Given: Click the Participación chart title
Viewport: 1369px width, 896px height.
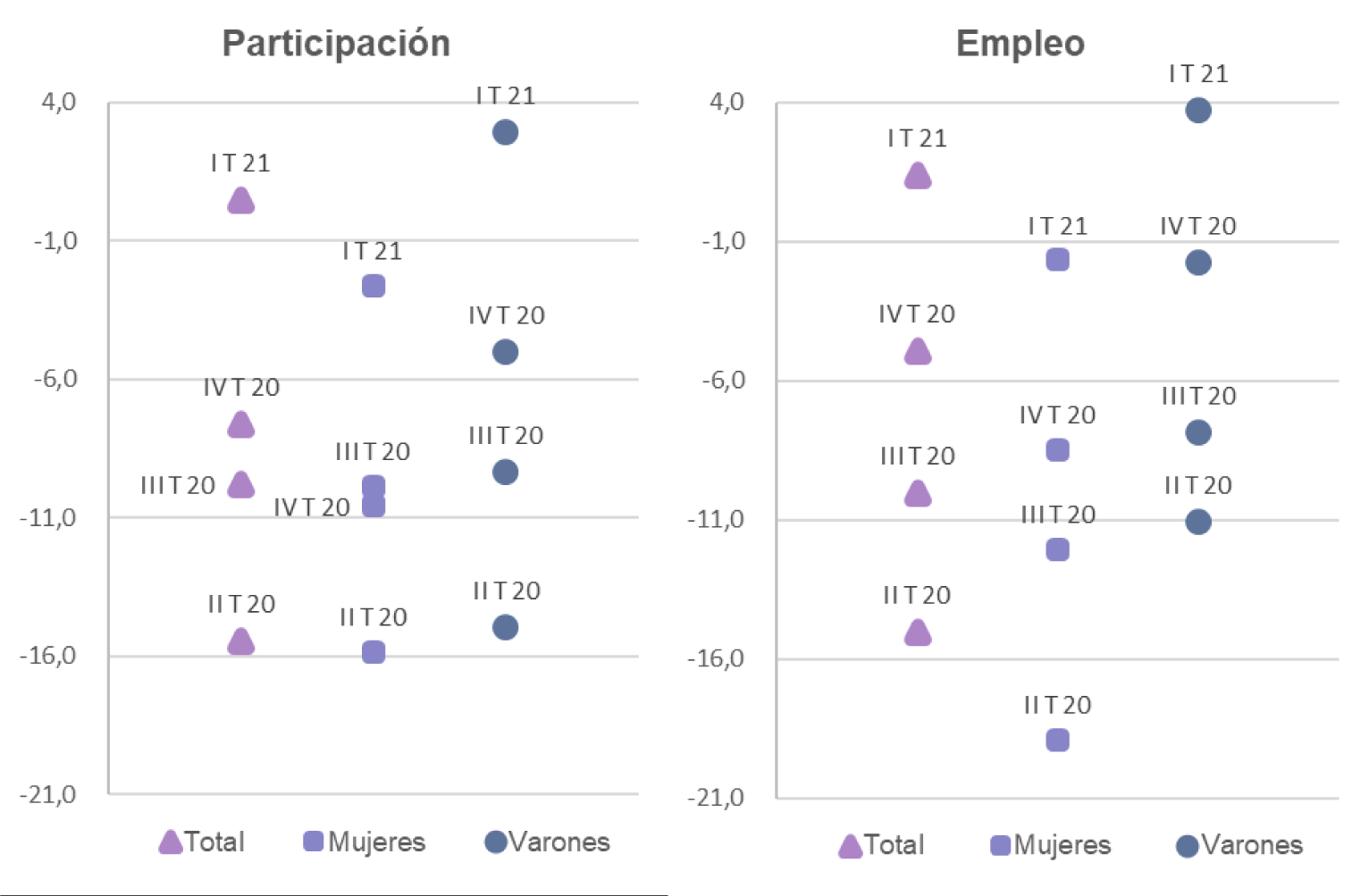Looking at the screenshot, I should pyautogui.click(x=336, y=43).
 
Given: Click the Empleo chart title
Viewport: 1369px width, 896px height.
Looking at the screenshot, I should pyautogui.click(x=1020, y=43).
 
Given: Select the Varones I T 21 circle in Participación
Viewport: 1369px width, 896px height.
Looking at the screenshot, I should pyautogui.click(x=505, y=132).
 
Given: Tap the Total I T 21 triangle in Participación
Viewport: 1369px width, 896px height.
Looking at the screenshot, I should pyautogui.click(x=240, y=201).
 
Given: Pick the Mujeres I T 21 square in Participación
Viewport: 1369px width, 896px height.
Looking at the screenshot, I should pyautogui.click(x=374, y=286).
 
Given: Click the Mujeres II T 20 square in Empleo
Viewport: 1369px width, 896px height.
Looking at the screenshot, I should pyautogui.click(x=1057, y=740).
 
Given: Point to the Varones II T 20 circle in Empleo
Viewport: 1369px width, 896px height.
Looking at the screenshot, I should pyautogui.click(x=1198, y=522).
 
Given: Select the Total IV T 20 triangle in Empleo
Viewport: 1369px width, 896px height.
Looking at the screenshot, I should pyautogui.click(x=918, y=352).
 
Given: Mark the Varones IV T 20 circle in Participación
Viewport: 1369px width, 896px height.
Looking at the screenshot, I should pyautogui.click(x=505, y=352).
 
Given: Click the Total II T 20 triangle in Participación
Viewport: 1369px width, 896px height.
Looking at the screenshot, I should pyautogui.click(x=240, y=641).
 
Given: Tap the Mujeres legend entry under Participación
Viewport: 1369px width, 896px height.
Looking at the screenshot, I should pyautogui.click(x=365, y=842).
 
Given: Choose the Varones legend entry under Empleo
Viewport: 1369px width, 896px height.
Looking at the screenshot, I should pyautogui.click(x=1239, y=845).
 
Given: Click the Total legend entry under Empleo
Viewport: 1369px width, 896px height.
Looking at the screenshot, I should pyautogui.click(x=882, y=845).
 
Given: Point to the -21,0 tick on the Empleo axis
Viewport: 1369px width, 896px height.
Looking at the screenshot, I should pyautogui.click(x=715, y=797).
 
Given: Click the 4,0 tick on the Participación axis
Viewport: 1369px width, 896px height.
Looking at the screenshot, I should pyautogui.click(x=58, y=102).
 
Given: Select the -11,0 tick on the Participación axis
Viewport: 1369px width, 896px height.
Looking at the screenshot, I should pyautogui.click(x=47, y=517).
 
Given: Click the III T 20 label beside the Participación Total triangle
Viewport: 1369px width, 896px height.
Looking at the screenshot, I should pyautogui.click(x=178, y=486).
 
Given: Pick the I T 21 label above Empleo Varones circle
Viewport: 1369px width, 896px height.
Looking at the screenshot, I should pyautogui.click(x=1198, y=74).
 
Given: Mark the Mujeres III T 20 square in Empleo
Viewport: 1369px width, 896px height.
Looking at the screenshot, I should pyautogui.click(x=1057, y=549).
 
